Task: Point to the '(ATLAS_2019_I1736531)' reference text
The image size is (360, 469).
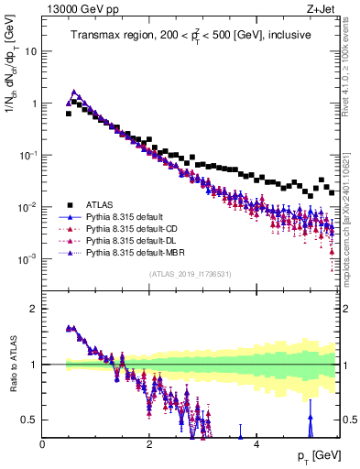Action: [x=190, y=274]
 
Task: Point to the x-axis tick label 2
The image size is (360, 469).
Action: [x=149, y=443]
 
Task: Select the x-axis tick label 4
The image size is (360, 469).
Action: [x=256, y=443]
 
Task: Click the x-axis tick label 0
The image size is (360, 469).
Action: [x=43, y=443]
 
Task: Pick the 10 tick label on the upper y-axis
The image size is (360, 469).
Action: [x=31, y=51]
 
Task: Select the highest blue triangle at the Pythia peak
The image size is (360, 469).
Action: [x=74, y=92]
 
